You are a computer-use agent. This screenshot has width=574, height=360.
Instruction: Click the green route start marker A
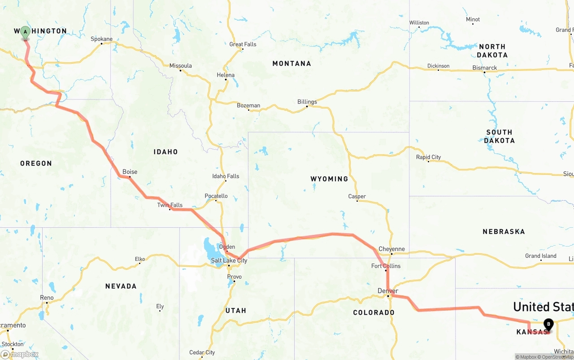coord(26,32)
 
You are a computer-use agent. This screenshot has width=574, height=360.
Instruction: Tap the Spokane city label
coord(102,39)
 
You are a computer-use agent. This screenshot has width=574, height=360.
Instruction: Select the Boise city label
coord(130,172)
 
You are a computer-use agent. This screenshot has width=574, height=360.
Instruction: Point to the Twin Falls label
coord(170,205)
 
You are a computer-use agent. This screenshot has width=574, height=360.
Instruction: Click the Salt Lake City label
coord(229,260)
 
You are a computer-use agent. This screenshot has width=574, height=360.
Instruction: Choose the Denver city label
coord(388,291)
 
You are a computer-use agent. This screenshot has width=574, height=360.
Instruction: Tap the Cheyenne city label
coord(391,249)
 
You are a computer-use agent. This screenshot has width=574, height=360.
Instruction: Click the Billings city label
coord(307,102)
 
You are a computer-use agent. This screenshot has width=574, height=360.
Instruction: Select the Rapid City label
coord(428,157)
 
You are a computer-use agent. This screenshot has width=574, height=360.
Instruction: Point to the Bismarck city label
coord(485,68)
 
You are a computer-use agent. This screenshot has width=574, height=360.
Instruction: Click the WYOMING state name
coord(329,179)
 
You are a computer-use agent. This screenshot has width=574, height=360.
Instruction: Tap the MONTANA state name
coord(291,64)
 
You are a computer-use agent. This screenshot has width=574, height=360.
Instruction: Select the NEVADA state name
coord(121,286)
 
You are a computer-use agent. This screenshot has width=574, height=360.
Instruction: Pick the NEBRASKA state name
coord(504,232)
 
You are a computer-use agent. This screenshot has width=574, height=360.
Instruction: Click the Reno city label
coord(47,298)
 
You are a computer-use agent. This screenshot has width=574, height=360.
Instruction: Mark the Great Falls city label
coord(243,44)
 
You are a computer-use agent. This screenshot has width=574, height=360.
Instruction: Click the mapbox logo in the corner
coord(20,354)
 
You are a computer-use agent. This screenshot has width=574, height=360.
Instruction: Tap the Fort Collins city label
coord(386,266)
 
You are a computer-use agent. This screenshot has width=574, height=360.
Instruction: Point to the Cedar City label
coord(202,352)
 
